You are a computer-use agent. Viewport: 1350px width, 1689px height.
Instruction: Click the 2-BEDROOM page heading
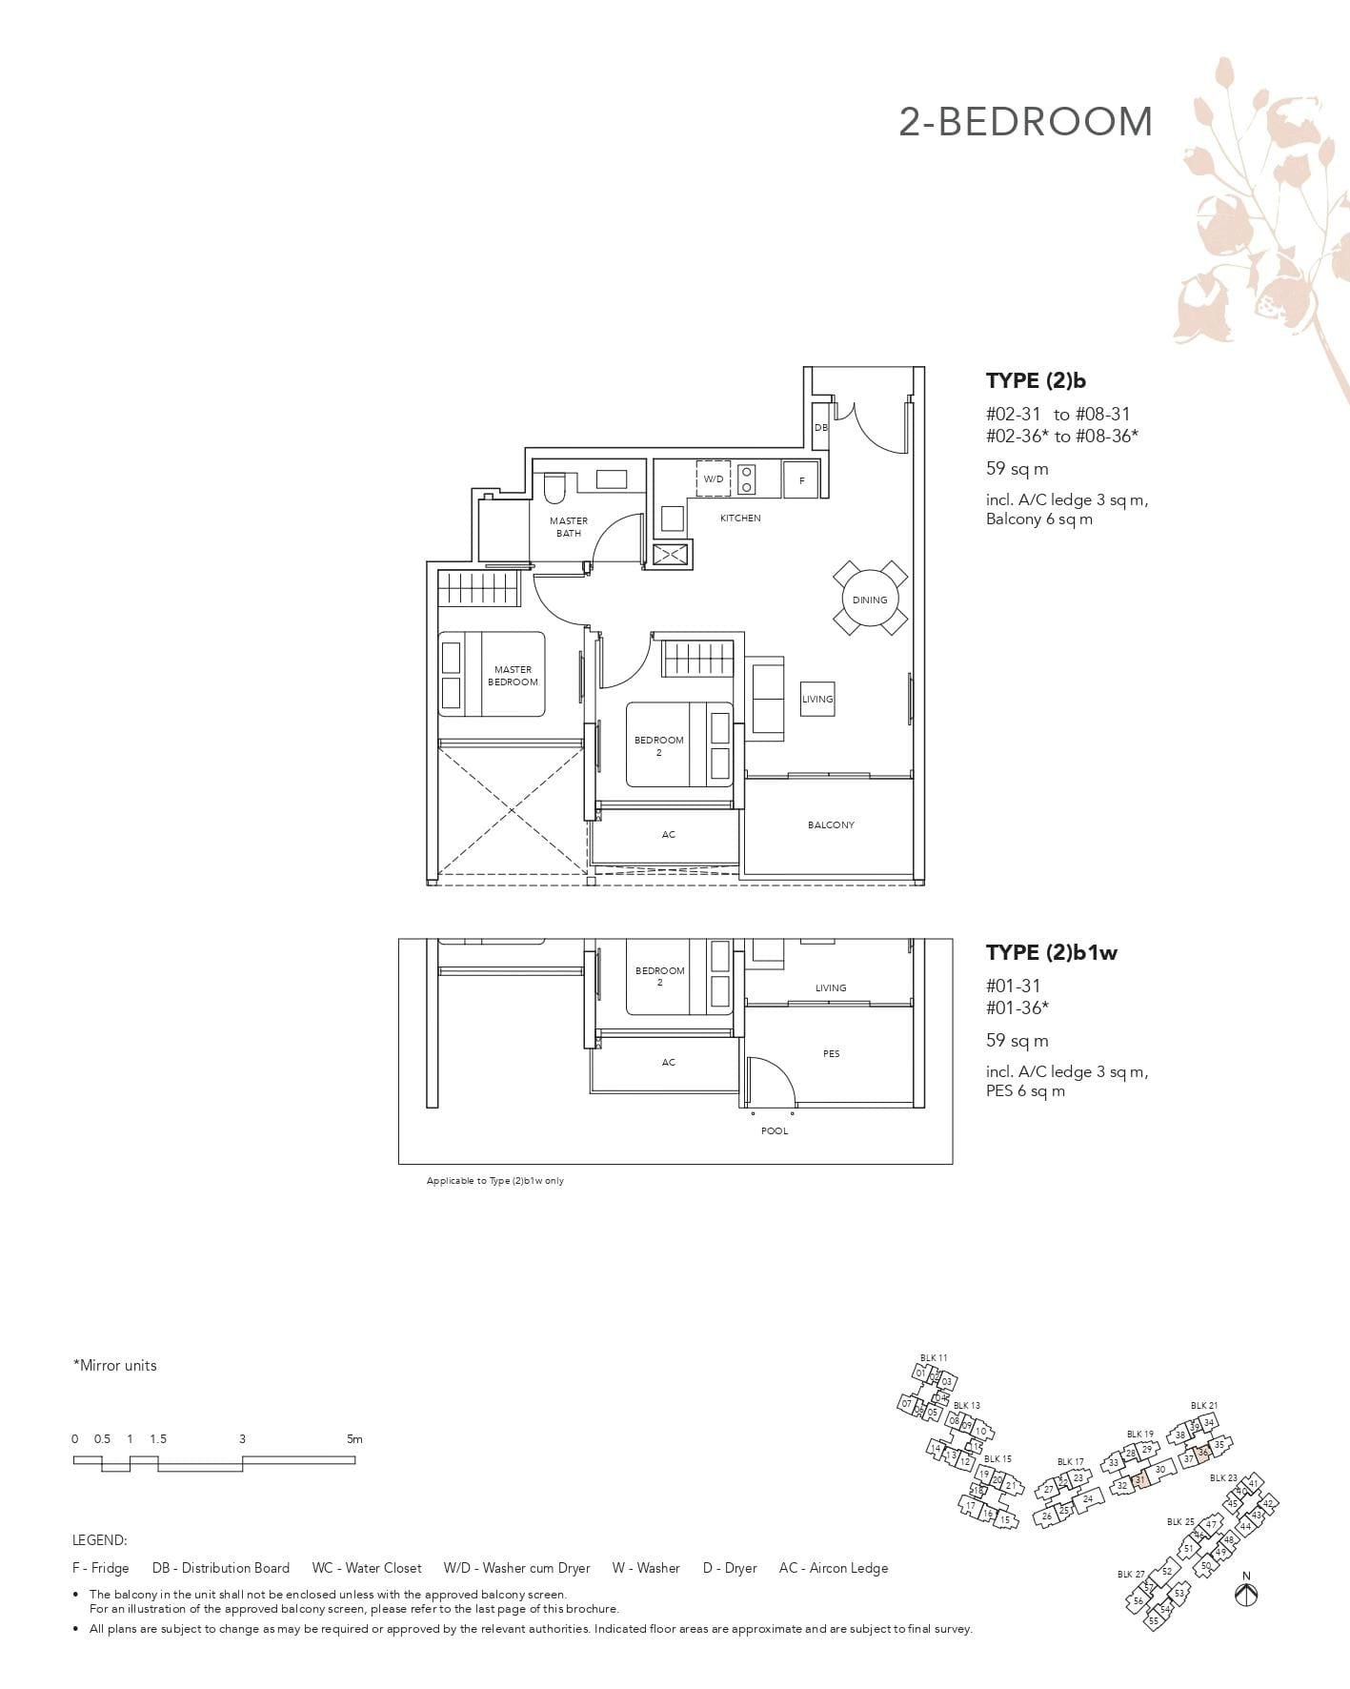[1025, 122]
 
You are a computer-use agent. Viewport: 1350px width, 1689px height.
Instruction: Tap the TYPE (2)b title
[1036, 380]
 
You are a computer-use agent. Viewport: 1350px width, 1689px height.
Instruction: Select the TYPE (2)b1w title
[1051, 952]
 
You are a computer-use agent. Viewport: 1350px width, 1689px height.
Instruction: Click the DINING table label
[869, 600]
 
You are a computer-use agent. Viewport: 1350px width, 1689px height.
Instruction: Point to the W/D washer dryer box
[714, 478]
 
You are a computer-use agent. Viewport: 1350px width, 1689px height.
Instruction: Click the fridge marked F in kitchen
[801, 480]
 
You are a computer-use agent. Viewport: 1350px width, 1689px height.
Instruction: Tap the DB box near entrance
[820, 428]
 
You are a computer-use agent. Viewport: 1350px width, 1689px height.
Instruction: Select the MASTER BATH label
[569, 527]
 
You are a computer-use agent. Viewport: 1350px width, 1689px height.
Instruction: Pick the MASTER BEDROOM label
[513, 676]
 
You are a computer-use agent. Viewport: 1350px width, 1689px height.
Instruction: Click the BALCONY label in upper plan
[831, 824]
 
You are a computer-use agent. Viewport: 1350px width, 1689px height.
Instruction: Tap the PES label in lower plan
[831, 1053]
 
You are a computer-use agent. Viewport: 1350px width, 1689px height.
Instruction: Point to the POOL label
[775, 1130]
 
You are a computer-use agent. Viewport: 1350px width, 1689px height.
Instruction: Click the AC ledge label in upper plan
[668, 834]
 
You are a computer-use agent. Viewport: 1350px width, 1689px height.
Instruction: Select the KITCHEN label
[740, 519]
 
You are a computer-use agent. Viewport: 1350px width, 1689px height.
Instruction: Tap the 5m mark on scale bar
[354, 1439]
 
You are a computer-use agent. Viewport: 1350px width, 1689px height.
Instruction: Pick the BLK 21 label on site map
[1203, 1405]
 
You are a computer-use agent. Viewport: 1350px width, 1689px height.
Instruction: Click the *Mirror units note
[114, 1365]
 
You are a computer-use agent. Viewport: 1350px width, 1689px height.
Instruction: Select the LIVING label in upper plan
[816, 699]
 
